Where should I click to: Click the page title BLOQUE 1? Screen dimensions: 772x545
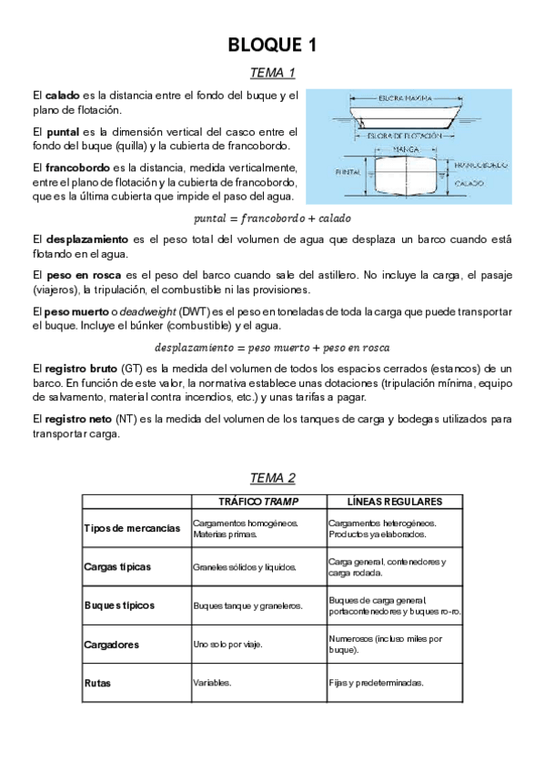[272, 45]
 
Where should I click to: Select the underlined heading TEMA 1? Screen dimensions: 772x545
[272, 73]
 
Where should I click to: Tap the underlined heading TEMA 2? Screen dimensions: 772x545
[272, 478]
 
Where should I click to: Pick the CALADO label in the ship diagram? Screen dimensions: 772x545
[469, 184]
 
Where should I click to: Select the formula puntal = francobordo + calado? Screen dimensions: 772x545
[272, 218]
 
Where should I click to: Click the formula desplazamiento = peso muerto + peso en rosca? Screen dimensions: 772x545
[272, 348]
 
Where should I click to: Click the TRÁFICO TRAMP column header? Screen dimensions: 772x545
[258, 502]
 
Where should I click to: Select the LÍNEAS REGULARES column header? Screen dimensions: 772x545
[395, 502]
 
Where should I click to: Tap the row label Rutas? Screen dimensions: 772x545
[97, 682]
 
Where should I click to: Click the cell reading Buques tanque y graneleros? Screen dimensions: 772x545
[247, 604]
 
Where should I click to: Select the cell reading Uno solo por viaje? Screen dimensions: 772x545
[227, 644]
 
